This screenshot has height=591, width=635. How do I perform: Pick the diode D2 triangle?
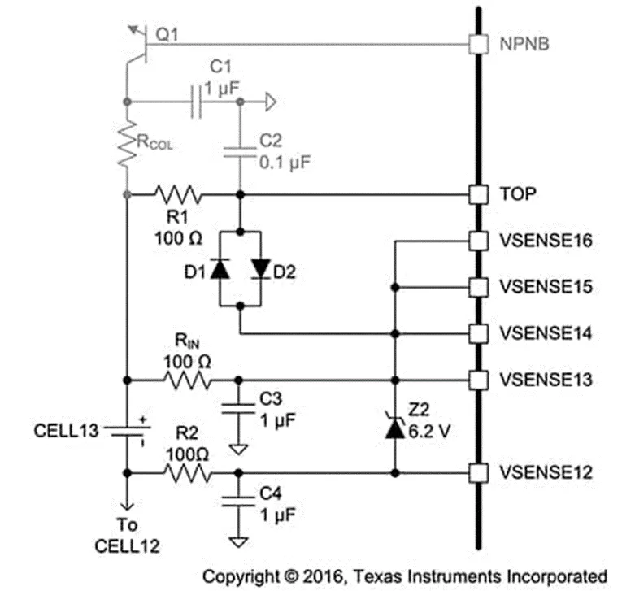(260, 269)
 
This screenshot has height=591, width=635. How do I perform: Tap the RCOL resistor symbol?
(127, 146)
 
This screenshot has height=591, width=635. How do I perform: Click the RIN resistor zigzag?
(188, 380)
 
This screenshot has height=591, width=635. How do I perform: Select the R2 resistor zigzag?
(188, 472)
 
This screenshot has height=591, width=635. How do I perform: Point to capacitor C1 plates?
(198, 102)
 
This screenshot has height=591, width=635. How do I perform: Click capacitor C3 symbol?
(239, 406)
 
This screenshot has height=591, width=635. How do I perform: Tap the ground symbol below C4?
(239, 541)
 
